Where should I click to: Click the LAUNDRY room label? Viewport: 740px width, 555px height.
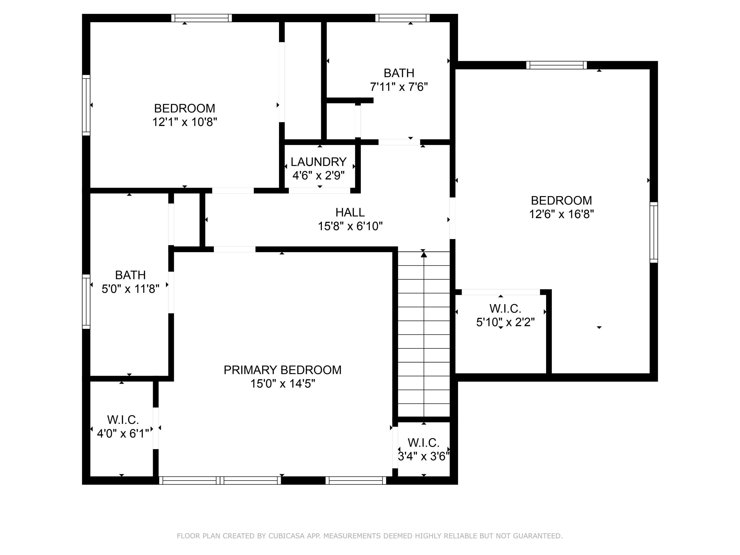pyautogui.click(x=318, y=162)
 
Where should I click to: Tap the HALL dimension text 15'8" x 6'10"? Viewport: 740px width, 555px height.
pyautogui.click(x=350, y=226)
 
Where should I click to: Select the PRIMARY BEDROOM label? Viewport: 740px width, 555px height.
pyautogui.click(x=282, y=370)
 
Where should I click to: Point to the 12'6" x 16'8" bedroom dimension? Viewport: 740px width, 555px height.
pyautogui.click(x=561, y=214)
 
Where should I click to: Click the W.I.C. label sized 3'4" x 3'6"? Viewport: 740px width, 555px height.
pyautogui.click(x=423, y=443)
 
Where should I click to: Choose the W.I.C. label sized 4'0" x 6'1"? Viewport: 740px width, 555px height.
pyautogui.click(x=123, y=420)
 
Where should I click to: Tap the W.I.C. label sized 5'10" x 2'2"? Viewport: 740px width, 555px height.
pyautogui.click(x=505, y=308)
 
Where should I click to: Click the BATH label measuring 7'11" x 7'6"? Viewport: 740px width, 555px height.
pyautogui.click(x=399, y=73)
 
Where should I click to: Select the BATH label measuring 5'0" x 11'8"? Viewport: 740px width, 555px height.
pyautogui.click(x=130, y=275)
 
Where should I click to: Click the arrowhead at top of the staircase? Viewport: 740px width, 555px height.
pyautogui.click(x=424, y=255)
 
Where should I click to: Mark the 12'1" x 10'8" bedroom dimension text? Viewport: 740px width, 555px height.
pyautogui.click(x=185, y=122)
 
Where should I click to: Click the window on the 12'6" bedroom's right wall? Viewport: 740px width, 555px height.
pyautogui.click(x=653, y=232)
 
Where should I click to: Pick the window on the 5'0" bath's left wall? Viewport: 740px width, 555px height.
pyautogui.click(x=86, y=301)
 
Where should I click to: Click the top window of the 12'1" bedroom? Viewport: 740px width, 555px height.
pyautogui.click(x=201, y=18)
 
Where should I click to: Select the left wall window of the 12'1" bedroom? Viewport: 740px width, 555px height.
pyautogui.click(x=86, y=105)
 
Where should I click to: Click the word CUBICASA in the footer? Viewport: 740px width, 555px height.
pyautogui.click(x=286, y=536)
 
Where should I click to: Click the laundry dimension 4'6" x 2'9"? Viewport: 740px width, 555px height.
pyautogui.click(x=318, y=175)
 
